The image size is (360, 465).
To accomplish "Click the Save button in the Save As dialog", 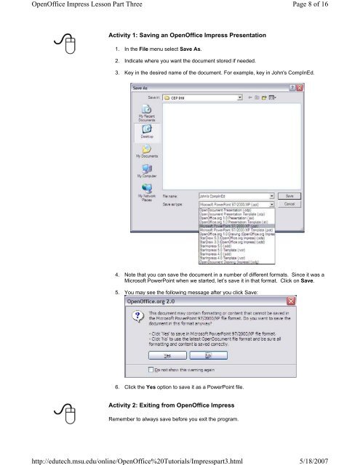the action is [x=289, y=195].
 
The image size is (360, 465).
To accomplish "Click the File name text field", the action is [x=233, y=195].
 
